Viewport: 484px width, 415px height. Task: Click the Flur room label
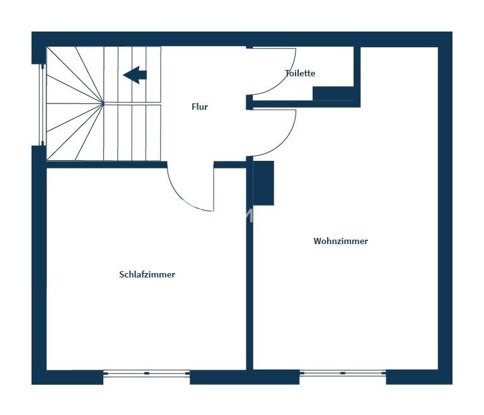(x=199, y=107)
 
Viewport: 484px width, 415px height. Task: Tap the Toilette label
(x=300, y=73)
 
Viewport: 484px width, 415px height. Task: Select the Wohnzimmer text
(x=340, y=241)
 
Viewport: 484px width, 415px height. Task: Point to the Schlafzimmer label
(x=147, y=274)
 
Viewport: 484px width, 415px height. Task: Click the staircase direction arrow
(x=135, y=75)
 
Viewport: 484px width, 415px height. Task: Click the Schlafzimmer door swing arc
(x=182, y=198)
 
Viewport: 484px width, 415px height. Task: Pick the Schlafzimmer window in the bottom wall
(x=146, y=373)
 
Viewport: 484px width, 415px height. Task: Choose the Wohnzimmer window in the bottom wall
(x=343, y=373)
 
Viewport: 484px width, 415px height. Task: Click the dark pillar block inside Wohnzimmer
(x=263, y=183)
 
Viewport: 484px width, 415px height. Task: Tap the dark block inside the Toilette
(x=333, y=93)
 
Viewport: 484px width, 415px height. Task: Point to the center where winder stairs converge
(x=103, y=103)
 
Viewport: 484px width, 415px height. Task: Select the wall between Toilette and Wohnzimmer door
(x=303, y=104)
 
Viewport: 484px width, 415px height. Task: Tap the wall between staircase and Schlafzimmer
(x=107, y=165)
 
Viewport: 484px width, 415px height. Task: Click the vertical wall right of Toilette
(x=357, y=77)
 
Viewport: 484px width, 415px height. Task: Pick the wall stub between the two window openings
(x=245, y=377)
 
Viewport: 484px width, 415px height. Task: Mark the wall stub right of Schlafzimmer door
(x=230, y=165)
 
